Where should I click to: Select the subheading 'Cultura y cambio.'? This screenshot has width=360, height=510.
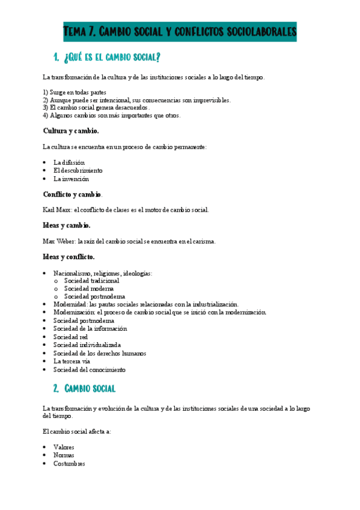coord(71,131)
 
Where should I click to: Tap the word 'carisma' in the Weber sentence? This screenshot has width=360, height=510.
coord(204,241)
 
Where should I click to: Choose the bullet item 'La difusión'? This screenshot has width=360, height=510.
coord(69,162)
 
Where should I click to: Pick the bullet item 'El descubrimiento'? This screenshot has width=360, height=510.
coord(78,171)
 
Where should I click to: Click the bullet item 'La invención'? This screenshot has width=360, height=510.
coord(71,179)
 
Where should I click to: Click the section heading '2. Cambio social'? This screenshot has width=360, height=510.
coord(90,388)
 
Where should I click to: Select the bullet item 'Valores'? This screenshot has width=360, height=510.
coord(65,447)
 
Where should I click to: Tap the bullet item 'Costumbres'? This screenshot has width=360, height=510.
coord(69,464)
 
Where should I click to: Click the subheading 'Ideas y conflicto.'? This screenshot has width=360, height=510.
coord(69,257)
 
